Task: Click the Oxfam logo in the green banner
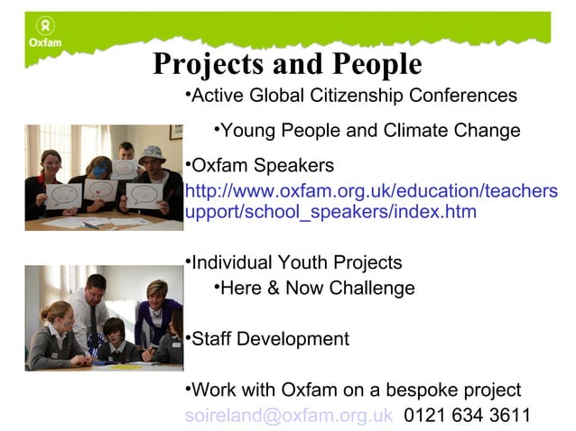[42, 35]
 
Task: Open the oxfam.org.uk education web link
[370, 201]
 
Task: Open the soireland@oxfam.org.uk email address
[289, 416]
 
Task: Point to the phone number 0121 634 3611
[467, 416]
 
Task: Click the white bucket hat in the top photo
[152, 153]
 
